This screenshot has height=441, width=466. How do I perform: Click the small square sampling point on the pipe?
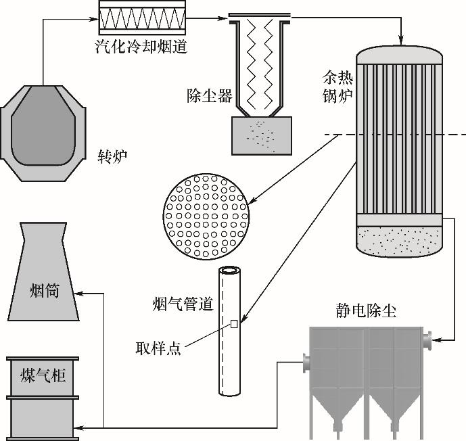[x=233, y=324]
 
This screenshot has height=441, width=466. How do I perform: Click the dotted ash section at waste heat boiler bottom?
[x=398, y=241]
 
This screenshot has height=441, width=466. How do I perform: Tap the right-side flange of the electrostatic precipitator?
[x=427, y=339]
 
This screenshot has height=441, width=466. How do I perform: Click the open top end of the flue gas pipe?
[x=230, y=271]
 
